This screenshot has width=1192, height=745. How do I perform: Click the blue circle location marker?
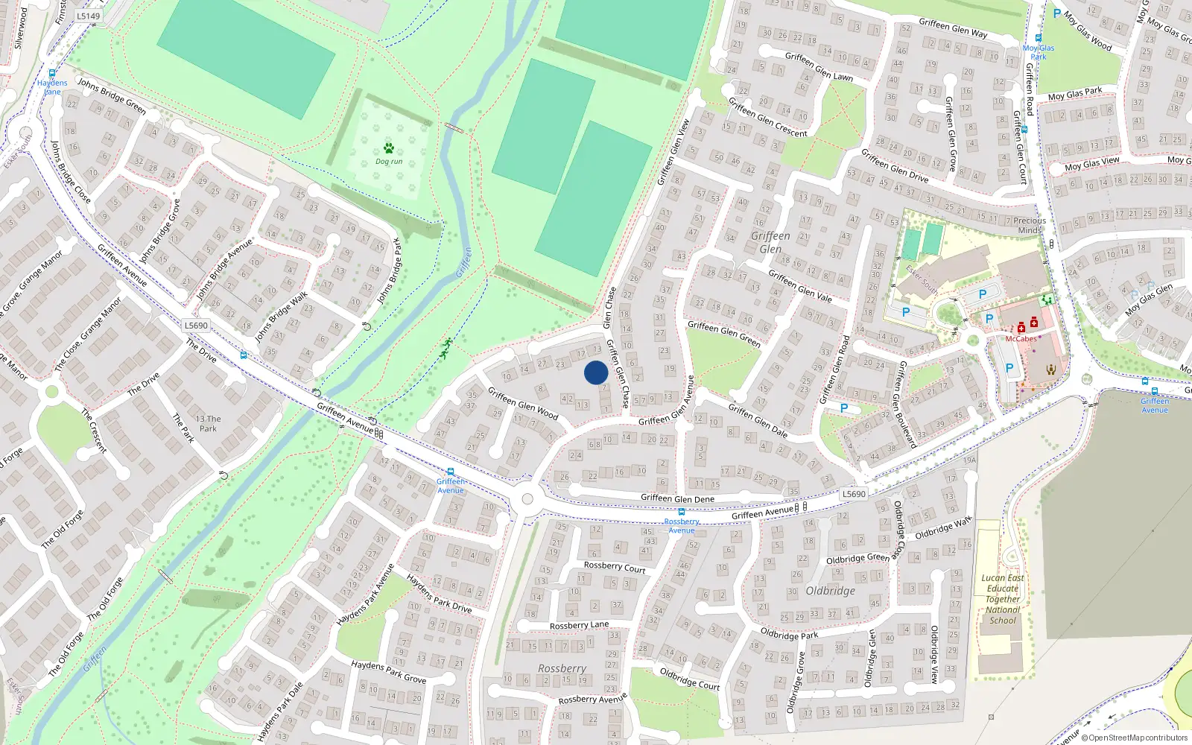(x=596, y=372)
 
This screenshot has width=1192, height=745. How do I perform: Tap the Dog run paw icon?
(x=388, y=148)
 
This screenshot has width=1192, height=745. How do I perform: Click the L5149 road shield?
(x=88, y=16)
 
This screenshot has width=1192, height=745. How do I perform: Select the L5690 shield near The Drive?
(x=196, y=326)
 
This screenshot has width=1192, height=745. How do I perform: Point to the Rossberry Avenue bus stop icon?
(x=681, y=513)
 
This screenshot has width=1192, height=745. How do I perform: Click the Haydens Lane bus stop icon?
(x=52, y=73)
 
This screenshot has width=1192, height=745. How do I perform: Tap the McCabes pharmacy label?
(x=1021, y=339)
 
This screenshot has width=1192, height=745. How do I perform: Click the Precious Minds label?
(x=1030, y=225)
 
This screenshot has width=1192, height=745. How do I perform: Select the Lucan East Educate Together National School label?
(x=1003, y=599)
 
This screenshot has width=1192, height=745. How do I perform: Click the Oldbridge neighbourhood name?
(x=830, y=591)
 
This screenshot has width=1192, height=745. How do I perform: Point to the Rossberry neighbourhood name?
(x=562, y=668)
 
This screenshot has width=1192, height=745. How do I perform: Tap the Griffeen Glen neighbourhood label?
(x=770, y=242)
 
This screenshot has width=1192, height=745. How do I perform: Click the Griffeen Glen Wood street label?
(x=523, y=403)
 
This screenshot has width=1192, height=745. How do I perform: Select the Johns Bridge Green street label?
(x=112, y=96)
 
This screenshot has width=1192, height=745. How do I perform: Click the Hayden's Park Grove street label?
(x=388, y=672)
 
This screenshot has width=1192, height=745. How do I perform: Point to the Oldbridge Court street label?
(x=690, y=679)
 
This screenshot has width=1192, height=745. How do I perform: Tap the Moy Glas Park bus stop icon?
(x=1039, y=37)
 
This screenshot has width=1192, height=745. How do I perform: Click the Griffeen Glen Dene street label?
(x=677, y=499)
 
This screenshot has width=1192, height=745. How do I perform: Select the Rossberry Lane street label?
(x=579, y=625)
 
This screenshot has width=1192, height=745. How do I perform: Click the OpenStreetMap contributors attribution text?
(x=1138, y=738)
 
